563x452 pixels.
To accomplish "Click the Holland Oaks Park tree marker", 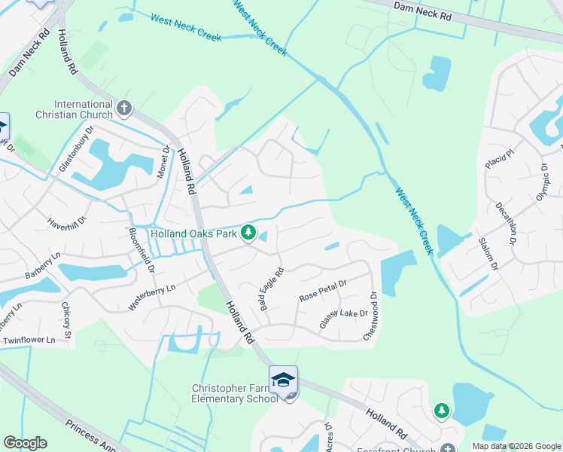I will coord(248,232).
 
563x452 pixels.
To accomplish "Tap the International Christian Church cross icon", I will coord(124,108).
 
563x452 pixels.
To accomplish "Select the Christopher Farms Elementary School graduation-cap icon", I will coord(284,380).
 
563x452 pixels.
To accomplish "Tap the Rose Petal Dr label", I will coord(322,291).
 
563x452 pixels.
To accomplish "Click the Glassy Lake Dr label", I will coord(343,318).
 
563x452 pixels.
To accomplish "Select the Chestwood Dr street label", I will coord(370,317).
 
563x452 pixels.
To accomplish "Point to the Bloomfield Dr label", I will coord(142,250).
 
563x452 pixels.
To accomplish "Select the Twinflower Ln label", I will coord(29,341).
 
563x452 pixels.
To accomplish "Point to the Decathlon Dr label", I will coord(506,224).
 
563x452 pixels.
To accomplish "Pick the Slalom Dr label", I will coord(488,255).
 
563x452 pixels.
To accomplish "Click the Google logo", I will coord(25,443).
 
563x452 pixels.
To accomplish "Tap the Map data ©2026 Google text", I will coord(516,446).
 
